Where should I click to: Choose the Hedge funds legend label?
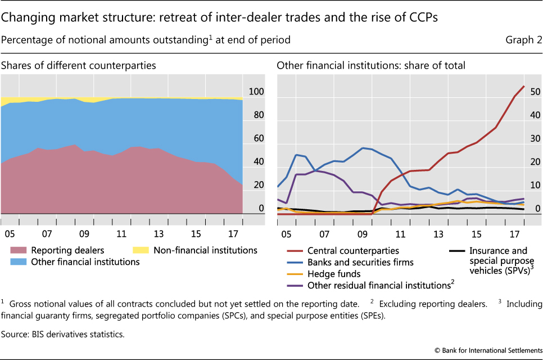[x=334, y=274]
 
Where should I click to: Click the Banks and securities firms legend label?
[x=360, y=262]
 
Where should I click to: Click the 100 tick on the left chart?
[x=256, y=92]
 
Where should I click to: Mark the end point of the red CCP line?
[x=524, y=86]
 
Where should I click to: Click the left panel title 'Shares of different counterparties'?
[x=79, y=66]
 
